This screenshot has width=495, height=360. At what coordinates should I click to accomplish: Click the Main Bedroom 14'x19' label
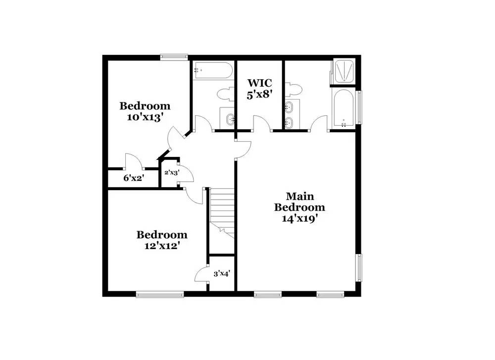299,207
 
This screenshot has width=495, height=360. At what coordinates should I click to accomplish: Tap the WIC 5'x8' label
260,88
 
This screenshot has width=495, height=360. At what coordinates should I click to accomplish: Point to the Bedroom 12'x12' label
162,240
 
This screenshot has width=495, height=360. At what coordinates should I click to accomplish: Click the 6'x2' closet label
133,177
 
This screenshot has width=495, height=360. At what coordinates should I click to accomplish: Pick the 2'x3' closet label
171,172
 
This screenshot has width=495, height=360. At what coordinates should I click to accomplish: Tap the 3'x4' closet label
221,273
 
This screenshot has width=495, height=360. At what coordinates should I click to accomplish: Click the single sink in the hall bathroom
229,119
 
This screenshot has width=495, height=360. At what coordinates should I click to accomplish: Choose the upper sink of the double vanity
290,106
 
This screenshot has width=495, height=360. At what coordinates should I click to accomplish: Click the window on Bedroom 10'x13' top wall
174,57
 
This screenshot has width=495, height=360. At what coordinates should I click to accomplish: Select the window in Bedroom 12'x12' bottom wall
159,295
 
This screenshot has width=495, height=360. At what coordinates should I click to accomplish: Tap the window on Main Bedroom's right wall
359,267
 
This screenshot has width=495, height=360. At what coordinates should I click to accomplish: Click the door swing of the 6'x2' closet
133,162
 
